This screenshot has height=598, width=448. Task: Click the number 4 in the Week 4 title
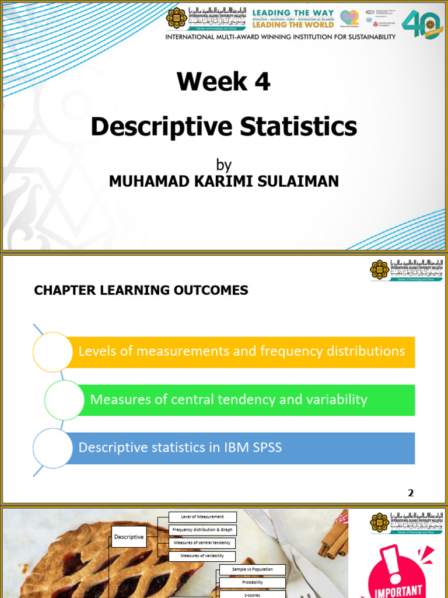coord(262,82)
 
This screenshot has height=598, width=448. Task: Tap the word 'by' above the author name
coord(223,165)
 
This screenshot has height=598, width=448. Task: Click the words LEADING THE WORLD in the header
coord(293,25)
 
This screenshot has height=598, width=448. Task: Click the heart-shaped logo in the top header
coord(349,18)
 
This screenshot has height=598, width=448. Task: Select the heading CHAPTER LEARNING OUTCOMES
coord(141,290)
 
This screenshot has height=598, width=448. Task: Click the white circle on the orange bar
coord(52,352)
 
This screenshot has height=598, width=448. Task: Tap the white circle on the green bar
coord(64,399)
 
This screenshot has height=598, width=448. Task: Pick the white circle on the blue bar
coord(52,448)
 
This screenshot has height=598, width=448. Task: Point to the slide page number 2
coord(411,493)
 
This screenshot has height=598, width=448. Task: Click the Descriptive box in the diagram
coord(129,537)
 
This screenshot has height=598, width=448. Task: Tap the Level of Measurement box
coord(202,517)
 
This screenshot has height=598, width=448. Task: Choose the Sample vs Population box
coord(253,569)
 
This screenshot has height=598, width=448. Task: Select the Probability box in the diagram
coord(253,582)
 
